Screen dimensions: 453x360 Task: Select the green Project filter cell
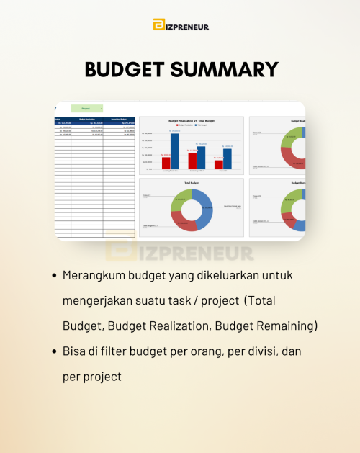(x=86, y=108)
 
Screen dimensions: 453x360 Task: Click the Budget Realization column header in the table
(x=87, y=119)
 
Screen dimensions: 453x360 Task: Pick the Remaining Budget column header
(x=119, y=119)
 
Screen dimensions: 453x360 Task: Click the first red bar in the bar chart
(x=166, y=163)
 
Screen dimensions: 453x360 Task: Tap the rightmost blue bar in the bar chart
(x=228, y=158)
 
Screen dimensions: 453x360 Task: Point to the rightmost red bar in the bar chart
(x=219, y=164)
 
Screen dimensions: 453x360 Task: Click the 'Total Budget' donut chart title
(x=192, y=183)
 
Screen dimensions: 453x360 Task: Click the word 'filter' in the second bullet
(x=123, y=351)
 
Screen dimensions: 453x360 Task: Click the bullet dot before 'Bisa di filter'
(x=55, y=351)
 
